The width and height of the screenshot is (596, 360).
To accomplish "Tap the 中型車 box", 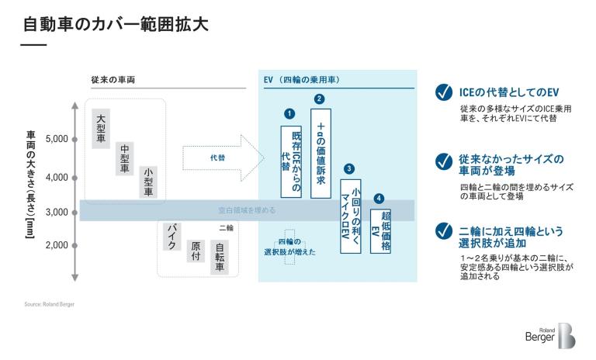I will (x=125, y=157).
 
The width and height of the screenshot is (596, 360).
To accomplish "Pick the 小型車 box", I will (x=148, y=182).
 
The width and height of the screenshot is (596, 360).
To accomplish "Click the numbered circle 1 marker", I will (x=289, y=113).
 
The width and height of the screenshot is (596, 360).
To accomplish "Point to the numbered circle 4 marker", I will (x=379, y=199).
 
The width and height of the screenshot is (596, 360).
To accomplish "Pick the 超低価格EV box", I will (x=380, y=230).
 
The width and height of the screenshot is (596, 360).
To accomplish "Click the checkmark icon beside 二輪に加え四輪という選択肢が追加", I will (x=443, y=231).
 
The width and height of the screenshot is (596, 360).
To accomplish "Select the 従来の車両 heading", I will (x=108, y=80).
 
